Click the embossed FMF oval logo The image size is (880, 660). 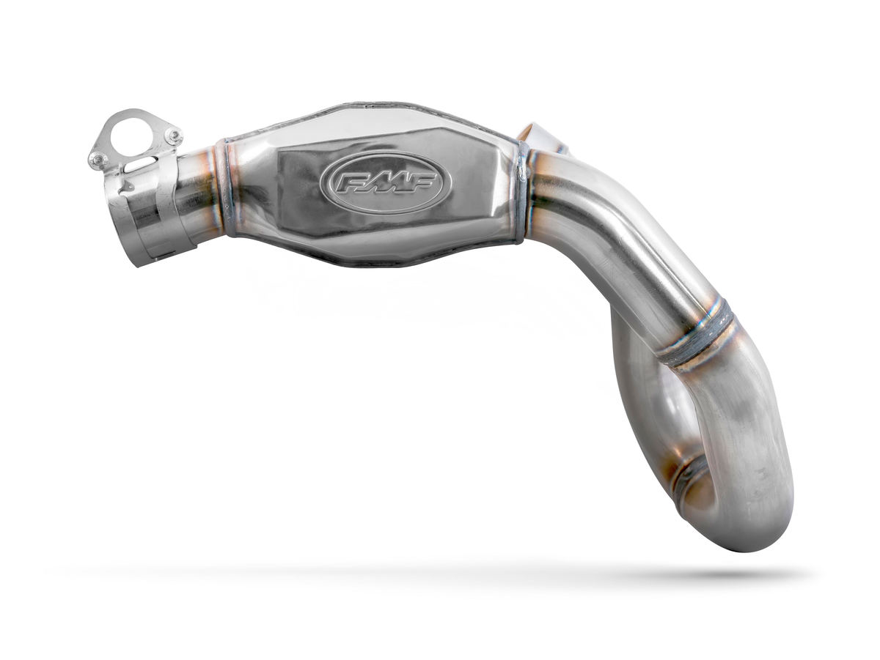pyautogui.click(x=381, y=183)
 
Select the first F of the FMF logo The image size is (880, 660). pyautogui.click(x=348, y=182)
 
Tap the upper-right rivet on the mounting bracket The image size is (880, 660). pyautogui.click(x=173, y=136)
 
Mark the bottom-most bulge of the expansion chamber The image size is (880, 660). pyautogui.click(x=374, y=260)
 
